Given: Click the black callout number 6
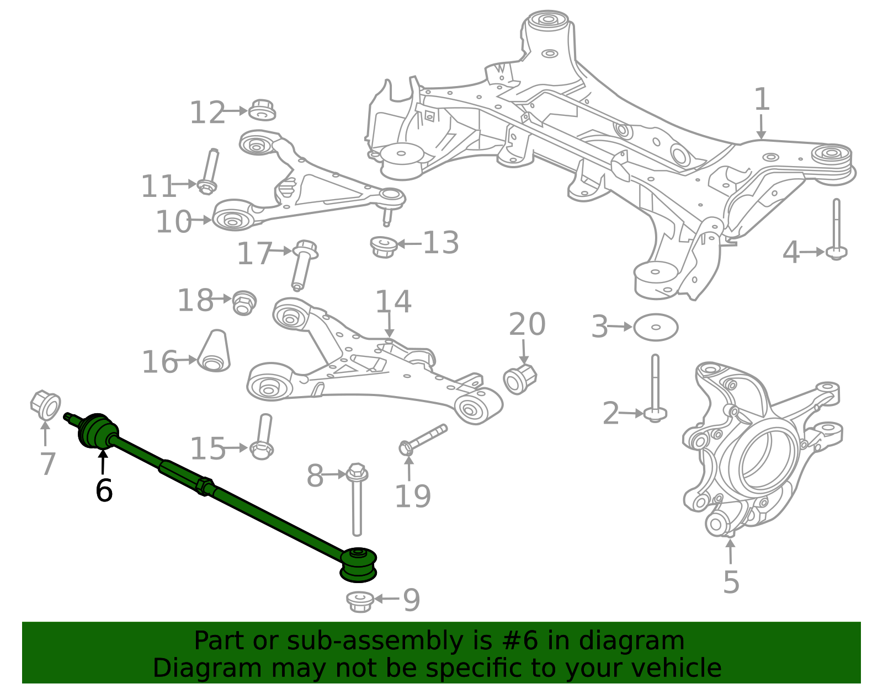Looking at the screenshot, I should click(x=104, y=490).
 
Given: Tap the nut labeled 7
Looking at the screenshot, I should click(x=46, y=405).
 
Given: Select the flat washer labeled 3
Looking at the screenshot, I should click(x=656, y=328).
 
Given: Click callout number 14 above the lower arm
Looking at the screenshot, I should click(x=393, y=302).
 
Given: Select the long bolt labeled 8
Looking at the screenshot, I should click(x=357, y=499).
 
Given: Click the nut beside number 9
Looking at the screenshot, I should click(x=360, y=601).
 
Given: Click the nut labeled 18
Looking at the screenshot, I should click(x=243, y=302).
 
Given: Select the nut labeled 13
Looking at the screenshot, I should click(x=384, y=246).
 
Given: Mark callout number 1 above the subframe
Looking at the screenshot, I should click(x=762, y=100).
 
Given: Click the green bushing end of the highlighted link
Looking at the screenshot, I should click(x=359, y=564).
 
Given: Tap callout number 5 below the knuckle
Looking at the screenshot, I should click(x=731, y=582).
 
